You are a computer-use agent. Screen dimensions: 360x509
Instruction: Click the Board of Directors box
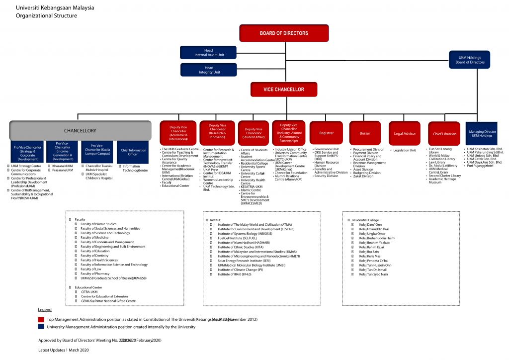284,33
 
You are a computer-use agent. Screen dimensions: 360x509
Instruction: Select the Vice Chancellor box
284,90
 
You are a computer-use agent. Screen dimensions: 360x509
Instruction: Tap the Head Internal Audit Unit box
209,53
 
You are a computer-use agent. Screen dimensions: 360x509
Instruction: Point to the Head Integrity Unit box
209,70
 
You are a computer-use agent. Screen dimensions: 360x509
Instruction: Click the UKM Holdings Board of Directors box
470,60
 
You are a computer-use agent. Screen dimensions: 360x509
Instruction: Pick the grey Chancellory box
80,131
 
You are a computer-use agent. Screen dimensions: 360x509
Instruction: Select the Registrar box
326,133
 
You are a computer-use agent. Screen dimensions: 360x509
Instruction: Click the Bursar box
365,133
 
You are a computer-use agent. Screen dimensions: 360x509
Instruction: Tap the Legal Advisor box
405,133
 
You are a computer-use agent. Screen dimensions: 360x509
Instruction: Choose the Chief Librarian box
444,133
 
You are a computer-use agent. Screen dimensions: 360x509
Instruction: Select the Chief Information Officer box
133,152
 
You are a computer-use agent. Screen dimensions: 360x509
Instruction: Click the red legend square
41,319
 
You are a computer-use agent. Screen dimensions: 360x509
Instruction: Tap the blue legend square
41,327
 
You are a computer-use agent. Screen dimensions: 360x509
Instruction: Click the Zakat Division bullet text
363,176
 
